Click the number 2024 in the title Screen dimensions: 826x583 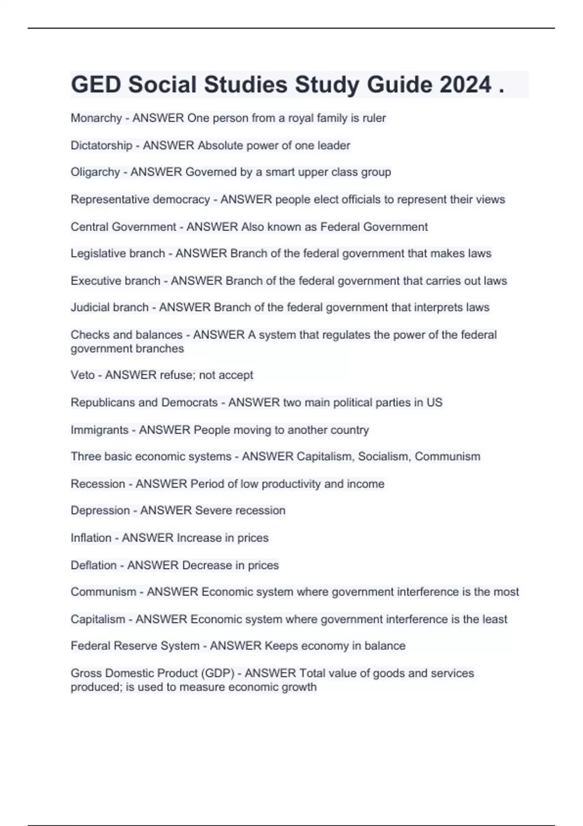click(465, 85)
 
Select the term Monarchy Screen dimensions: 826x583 click(96, 118)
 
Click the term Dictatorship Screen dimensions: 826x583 click(102, 145)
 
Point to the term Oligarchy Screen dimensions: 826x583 click(95, 172)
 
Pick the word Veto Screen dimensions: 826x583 click(83, 375)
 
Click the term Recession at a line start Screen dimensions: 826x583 click(98, 484)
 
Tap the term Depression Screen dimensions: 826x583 click(100, 511)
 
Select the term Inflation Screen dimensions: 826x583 click(91, 538)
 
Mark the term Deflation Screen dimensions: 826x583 click(93, 566)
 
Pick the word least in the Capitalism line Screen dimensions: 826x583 click(495, 619)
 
